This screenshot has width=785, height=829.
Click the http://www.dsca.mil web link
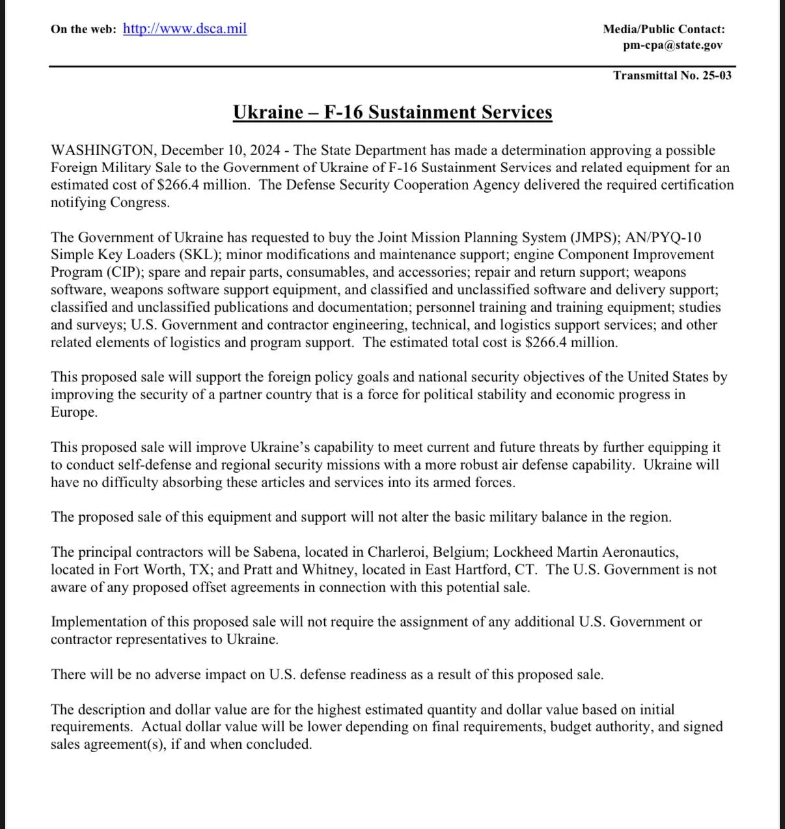tap(185, 29)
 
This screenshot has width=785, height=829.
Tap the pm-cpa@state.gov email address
tap(672, 45)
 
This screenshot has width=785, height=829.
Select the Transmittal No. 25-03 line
tap(672, 75)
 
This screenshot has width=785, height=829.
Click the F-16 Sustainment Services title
tap(392, 112)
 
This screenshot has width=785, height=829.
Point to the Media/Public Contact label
tap(663, 29)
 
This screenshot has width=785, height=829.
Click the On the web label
tap(83, 29)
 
